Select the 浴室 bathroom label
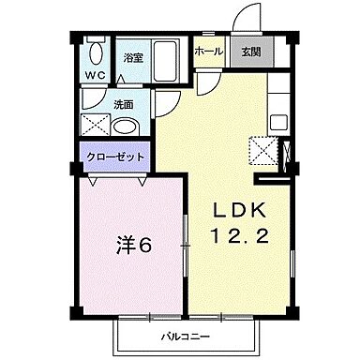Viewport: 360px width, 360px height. (x=133, y=58)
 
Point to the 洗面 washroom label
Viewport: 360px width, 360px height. (x=125, y=105)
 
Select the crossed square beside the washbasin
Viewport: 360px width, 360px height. (x=97, y=127)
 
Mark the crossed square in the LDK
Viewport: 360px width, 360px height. (x=264, y=151)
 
